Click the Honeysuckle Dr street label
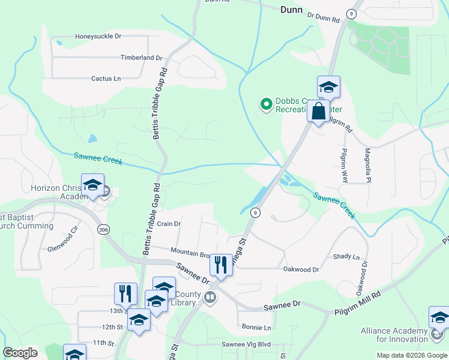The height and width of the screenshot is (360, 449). pyautogui.click(x=98, y=37)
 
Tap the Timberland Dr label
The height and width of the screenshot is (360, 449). pyautogui.click(x=142, y=58)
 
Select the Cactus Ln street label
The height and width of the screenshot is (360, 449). pyautogui.click(x=106, y=79)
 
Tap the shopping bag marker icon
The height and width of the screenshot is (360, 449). pyautogui.click(x=318, y=111)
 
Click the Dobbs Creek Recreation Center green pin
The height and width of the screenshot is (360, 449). pyautogui.click(x=265, y=105)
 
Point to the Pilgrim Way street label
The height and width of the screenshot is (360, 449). pyautogui.click(x=345, y=166)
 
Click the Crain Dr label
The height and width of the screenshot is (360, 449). pyautogui.click(x=169, y=224)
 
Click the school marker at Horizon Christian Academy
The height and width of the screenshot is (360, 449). pyautogui.click(x=93, y=186)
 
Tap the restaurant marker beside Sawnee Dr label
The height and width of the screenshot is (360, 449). pyautogui.click(x=221, y=263)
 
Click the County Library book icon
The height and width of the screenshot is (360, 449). pyautogui.click(x=210, y=296)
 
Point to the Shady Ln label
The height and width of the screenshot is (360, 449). pyautogui.click(x=346, y=256)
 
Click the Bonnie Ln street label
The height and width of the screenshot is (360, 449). pyautogui.click(x=256, y=328)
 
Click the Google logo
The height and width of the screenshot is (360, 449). pyautogui.click(x=20, y=353)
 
